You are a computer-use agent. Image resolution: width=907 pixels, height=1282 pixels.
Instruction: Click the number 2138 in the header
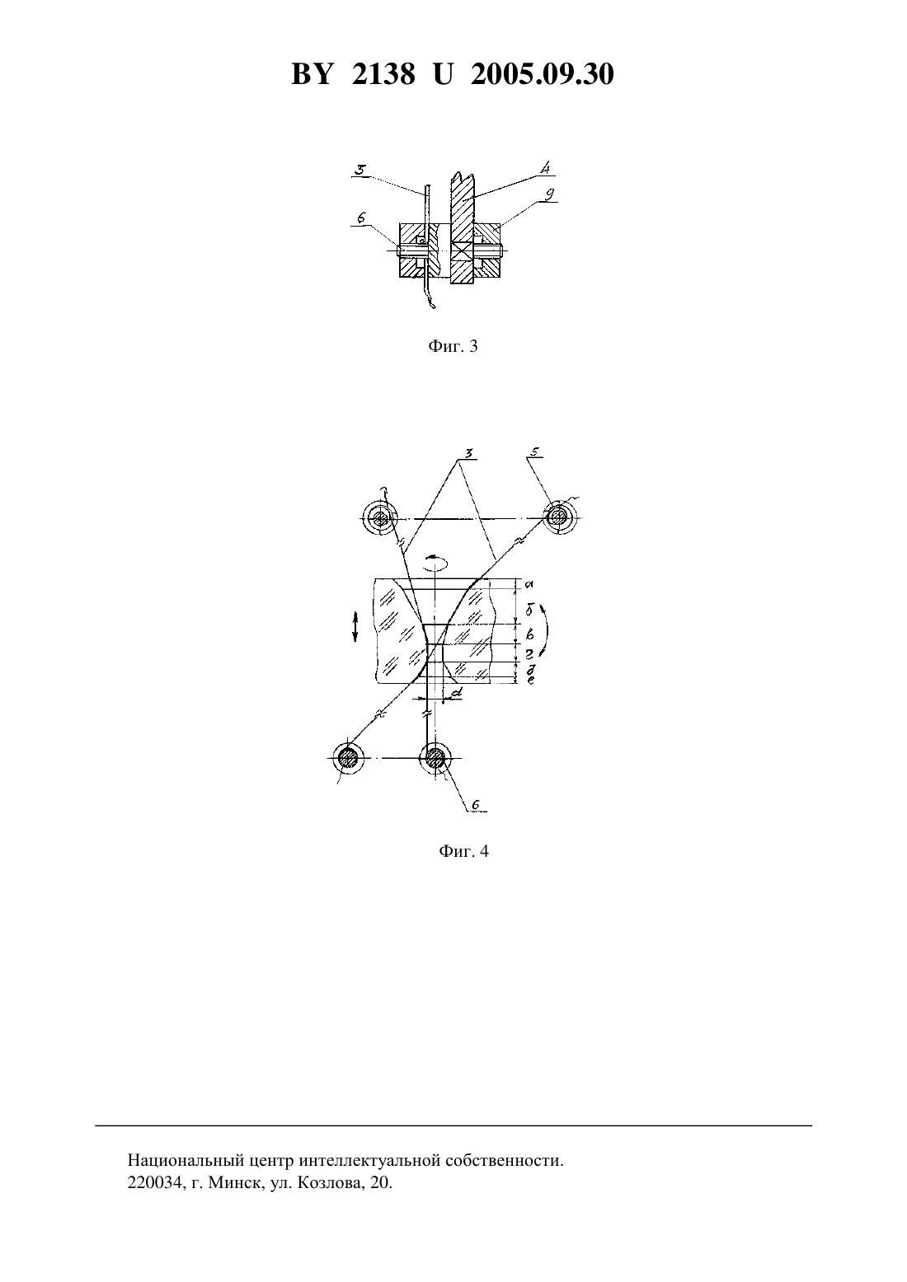point(383,74)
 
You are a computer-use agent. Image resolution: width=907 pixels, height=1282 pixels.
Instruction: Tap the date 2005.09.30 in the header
point(543,74)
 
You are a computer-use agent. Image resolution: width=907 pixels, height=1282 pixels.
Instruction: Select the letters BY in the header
point(312,74)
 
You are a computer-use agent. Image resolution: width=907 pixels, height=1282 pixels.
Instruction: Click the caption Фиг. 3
point(453,346)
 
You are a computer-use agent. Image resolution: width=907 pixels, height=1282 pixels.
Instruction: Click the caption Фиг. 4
point(463,851)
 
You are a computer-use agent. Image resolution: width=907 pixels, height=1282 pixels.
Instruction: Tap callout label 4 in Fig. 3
point(546,168)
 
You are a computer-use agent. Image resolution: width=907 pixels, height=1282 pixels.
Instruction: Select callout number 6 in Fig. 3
point(361,218)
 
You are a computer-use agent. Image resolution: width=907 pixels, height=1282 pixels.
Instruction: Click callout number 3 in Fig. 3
point(361,170)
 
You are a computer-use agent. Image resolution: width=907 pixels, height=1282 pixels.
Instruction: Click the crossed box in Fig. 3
point(461,250)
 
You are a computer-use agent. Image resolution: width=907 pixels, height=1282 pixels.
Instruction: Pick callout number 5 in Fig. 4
point(535,452)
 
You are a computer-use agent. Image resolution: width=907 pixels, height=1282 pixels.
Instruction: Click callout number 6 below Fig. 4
point(475,806)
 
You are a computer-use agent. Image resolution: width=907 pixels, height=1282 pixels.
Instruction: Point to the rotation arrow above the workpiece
point(435,564)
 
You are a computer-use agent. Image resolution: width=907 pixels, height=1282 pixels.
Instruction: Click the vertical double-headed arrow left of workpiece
point(355,626)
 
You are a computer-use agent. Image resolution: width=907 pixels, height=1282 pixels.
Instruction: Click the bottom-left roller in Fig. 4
point(348,758)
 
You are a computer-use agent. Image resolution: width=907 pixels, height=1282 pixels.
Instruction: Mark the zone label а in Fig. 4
point(529,584)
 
